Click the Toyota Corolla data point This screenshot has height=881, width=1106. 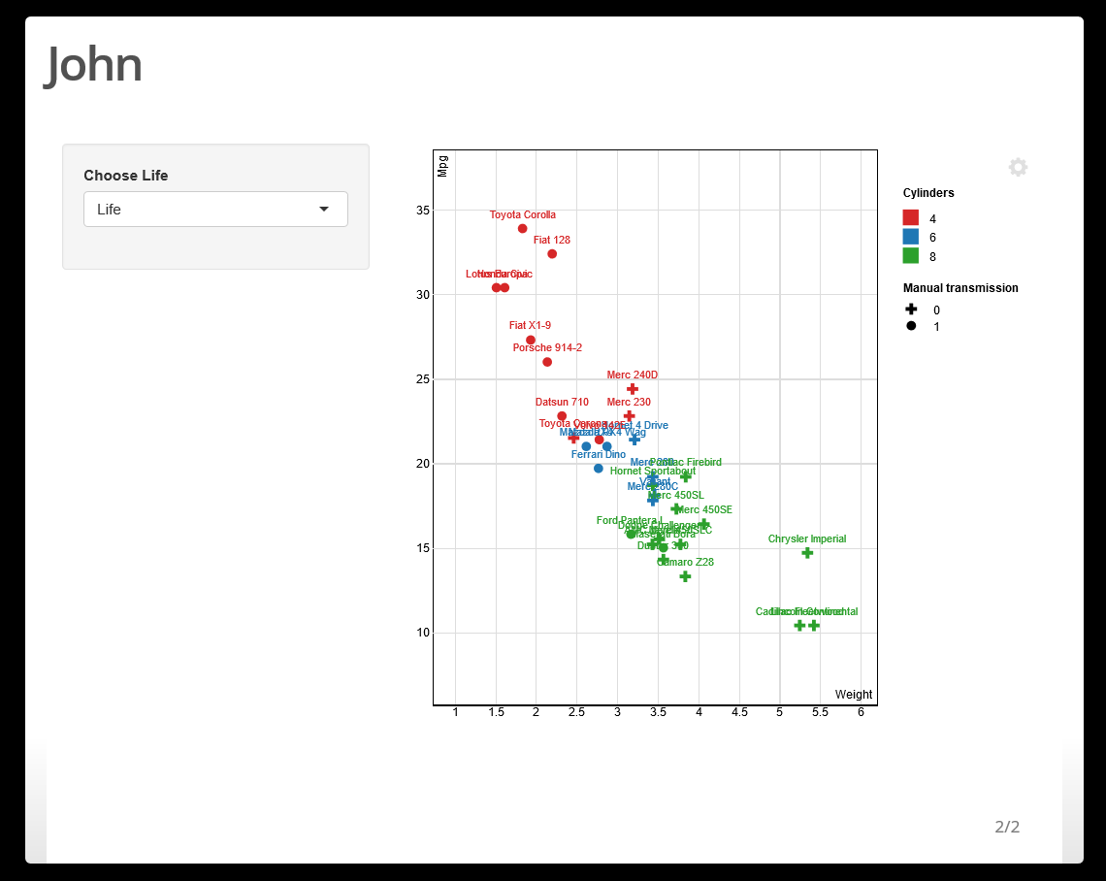522,229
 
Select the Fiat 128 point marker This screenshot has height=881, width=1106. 552,254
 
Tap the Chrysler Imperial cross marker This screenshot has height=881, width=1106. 807,553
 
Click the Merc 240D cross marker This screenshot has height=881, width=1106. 633,389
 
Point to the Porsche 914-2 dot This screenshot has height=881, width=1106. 547,362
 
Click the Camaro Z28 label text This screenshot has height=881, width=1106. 685,563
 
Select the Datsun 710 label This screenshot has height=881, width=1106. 562,403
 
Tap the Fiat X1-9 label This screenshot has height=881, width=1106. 530,326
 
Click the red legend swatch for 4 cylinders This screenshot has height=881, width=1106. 911,218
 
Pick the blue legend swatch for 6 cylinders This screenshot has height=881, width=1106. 911,237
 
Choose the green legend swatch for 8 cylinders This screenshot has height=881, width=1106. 911,256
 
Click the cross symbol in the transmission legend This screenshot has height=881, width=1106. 911,310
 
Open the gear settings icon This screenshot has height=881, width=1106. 1018,167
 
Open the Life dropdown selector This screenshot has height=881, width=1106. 215,210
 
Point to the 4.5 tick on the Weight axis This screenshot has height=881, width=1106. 739,713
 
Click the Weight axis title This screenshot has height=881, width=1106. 854,695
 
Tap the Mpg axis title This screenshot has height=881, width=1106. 443,166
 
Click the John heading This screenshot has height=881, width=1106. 94,65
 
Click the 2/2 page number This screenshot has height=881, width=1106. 1007,827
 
